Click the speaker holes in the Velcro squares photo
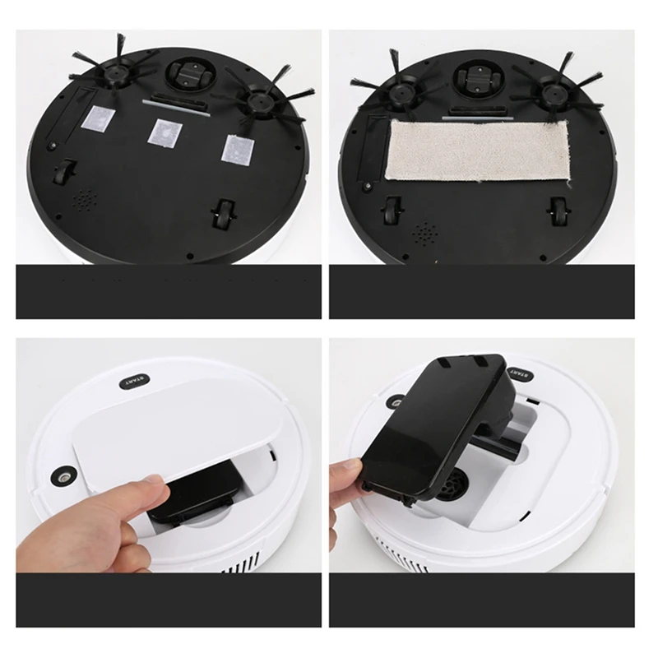point(84,200)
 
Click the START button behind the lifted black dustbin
point(521,373)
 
